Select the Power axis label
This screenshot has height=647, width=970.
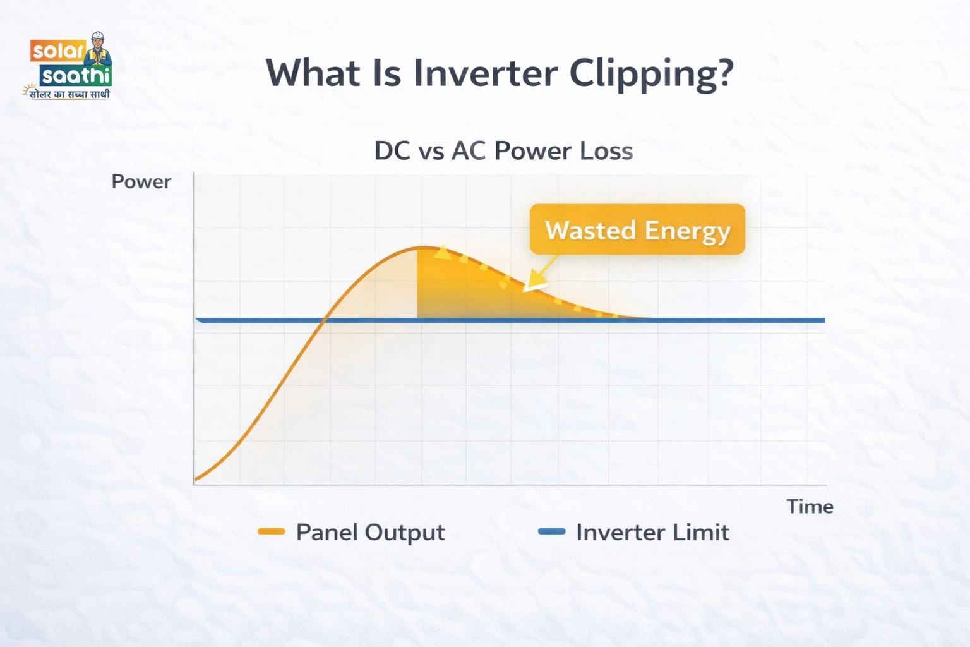141,182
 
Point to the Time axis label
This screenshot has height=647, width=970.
810,507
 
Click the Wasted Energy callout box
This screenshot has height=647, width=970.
637,230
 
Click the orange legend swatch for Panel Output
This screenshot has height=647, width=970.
272,532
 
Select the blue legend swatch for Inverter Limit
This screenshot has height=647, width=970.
551,532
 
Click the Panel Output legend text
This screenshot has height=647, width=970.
370,533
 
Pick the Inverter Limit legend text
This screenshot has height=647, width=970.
652,533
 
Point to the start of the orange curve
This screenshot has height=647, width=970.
196,480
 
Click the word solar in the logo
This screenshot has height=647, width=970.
57,51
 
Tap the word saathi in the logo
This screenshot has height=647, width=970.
76,76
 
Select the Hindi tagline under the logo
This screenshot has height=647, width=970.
68,94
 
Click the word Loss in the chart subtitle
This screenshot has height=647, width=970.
607,151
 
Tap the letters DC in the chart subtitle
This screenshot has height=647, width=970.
393,151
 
